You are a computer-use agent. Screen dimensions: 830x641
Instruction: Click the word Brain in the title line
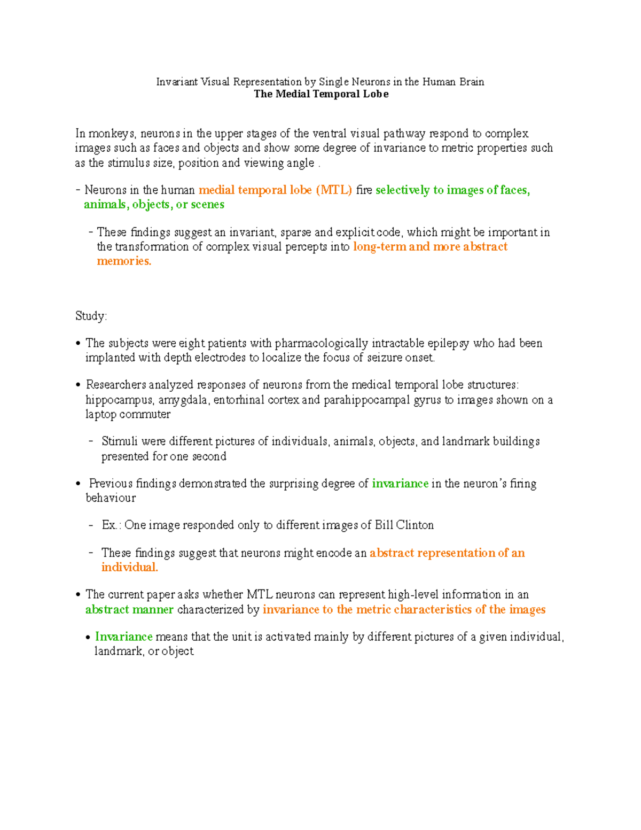(x=471, y=82)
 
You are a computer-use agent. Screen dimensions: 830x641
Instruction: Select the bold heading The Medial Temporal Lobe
(x=321, y=94)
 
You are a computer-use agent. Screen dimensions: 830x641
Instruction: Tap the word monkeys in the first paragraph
(x=112, y=134)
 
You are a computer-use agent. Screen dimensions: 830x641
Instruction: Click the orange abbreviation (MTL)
(x=334, y=190)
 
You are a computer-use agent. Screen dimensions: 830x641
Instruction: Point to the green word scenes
(x=208, y=205)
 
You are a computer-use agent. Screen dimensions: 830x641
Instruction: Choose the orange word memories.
(x=124, y=261)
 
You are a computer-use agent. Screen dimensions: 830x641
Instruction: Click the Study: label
(x=91, y=316)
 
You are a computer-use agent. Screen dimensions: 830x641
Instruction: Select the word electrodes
(x=220, y=358)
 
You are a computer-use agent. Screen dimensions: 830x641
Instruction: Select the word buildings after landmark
(x=516, y=441)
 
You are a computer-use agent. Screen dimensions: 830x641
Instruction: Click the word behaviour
(x=111, y=498)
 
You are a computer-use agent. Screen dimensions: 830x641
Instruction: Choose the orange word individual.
(x=129, y=568)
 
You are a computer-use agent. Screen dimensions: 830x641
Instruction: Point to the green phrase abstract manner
(x=129, y=610)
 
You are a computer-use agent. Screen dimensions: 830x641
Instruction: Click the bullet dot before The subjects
(x=79, y=344)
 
